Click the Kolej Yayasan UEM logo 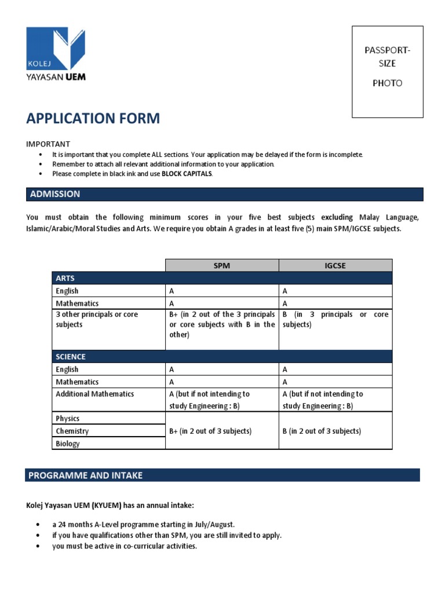[56, 54]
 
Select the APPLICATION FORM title [93, 119]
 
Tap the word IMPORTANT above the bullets [48, 144]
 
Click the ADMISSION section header [55, 194]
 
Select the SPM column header [222, 265]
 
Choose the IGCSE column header [335, 265]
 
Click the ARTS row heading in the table [65, 278]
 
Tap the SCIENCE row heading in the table [71, 357]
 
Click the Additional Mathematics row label [94, 394]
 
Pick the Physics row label [68, 419]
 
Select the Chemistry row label [72, 431]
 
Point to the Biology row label [68, 444]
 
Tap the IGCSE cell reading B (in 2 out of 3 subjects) [322, 431]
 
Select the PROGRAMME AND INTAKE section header [85, 475]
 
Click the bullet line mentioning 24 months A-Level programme [143, 524]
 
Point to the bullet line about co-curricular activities [125, 546]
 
